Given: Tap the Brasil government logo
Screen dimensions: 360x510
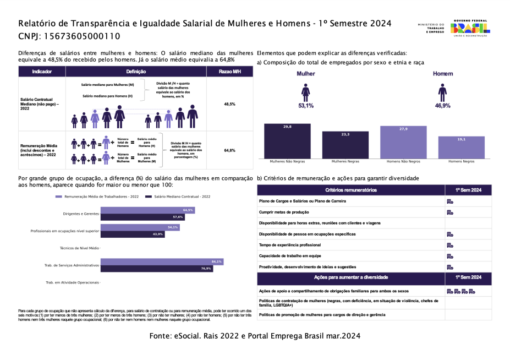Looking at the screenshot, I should click(x=469, y=29).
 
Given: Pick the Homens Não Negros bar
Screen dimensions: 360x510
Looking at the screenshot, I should click(x=403, y=142).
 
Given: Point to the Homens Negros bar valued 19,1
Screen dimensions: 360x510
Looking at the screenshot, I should click(x=462, y=148).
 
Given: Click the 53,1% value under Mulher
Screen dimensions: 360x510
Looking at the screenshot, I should click(x=306, y=105).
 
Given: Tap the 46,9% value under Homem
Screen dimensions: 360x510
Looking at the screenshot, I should click(x=442, y=105).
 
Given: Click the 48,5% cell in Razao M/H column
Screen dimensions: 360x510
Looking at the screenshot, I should click(x=229, y=104).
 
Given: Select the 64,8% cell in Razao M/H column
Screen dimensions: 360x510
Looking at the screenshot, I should click(x=229, y=150).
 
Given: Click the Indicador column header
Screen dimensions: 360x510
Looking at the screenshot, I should click(x=42, y=72).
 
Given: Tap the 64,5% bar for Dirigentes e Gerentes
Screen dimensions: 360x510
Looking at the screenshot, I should click(x=147, y=210).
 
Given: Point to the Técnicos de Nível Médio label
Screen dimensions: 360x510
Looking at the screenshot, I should click(x=79, y=248).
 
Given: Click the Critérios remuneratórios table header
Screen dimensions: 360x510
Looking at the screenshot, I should click(x=350, y=190).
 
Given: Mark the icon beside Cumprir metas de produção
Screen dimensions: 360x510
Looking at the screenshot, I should click(x=449, y=212).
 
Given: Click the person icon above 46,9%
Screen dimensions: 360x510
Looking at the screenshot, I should click(x=442, y=92).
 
